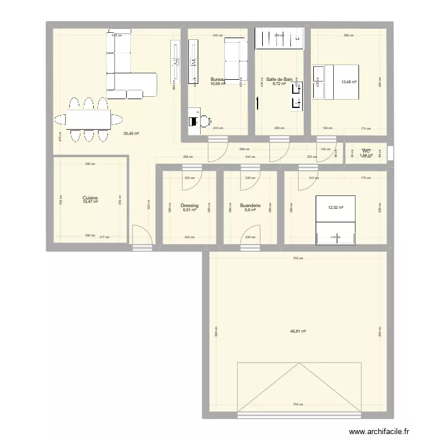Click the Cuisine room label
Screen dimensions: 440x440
point(90,198)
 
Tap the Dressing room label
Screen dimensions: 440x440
point(189,206)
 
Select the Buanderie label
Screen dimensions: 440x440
point(250,206)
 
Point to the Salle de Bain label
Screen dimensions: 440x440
point(279,79)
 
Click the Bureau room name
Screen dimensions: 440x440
point(218,79)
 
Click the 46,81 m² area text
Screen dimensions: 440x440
point(298,331)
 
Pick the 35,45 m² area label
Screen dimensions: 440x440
point(131,134)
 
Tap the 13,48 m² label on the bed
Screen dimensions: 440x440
point(349,83)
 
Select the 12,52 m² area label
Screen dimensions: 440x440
point(336,207)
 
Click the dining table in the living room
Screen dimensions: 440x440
point(87,120)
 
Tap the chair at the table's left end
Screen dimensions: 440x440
point(60,120)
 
